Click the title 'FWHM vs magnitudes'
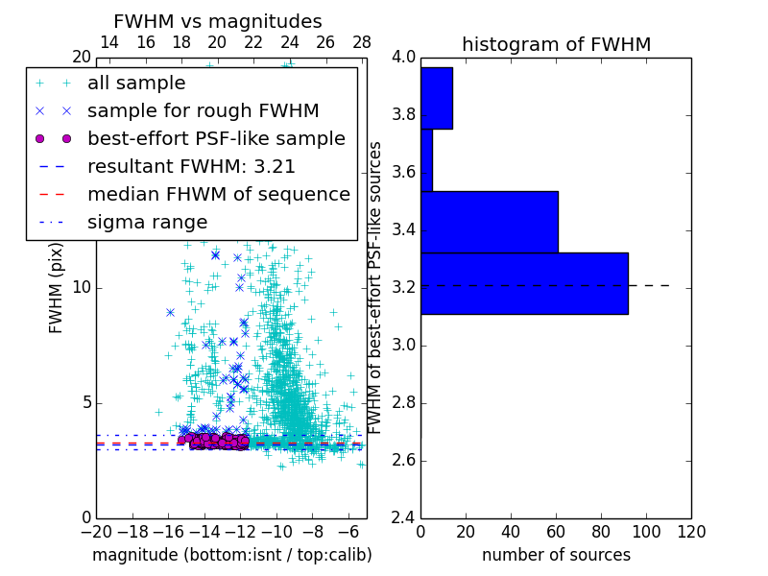pos(217,21)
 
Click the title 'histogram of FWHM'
pos(556,44)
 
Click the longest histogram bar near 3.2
pos(524,283)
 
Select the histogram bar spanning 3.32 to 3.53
pos(490,222)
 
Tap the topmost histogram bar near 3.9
pos(437,98)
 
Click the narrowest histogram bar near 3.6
pos(426,159)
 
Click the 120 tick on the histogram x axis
pos(690,531)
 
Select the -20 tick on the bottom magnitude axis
pos(96,531)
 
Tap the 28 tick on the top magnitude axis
pos(362,42)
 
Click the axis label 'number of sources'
pos(556,555)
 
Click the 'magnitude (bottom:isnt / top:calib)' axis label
pos(231,555)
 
